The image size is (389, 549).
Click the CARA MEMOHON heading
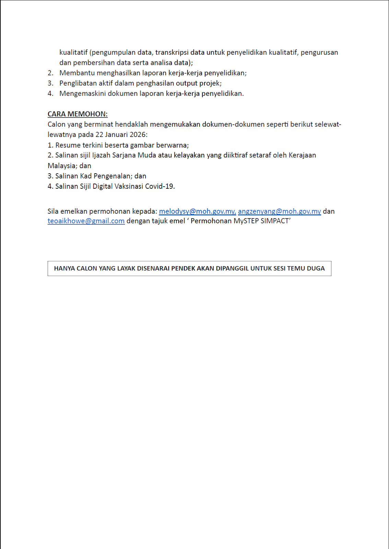point(78,114)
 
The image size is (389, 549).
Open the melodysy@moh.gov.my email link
point(197,211)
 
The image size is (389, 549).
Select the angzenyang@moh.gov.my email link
point(279,211)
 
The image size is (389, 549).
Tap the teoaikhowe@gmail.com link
point(86,221)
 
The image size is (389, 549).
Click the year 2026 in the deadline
point(138,135)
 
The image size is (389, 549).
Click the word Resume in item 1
point(68,145)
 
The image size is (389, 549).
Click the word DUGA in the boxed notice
point(316,268)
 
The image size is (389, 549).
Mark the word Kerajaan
point(302,155)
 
